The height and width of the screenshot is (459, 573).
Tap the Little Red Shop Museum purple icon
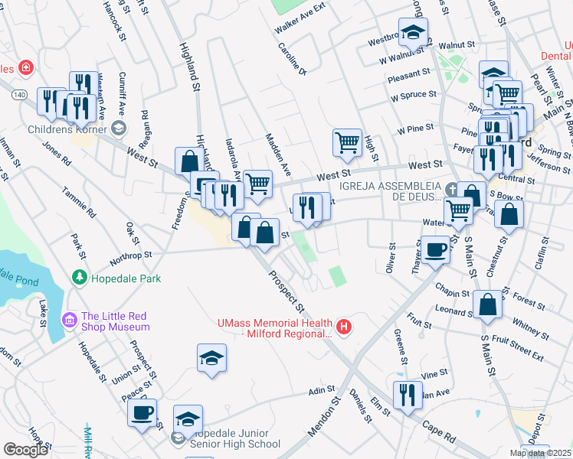70,317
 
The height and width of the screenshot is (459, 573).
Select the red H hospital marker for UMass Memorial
344,327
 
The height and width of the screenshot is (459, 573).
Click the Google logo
25,450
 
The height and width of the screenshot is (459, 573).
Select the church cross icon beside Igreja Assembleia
452,188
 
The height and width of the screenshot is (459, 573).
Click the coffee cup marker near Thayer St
437,249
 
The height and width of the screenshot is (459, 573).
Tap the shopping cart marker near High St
347,141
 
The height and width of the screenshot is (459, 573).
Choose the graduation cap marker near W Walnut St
413,32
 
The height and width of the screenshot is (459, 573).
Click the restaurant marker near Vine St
406,394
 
